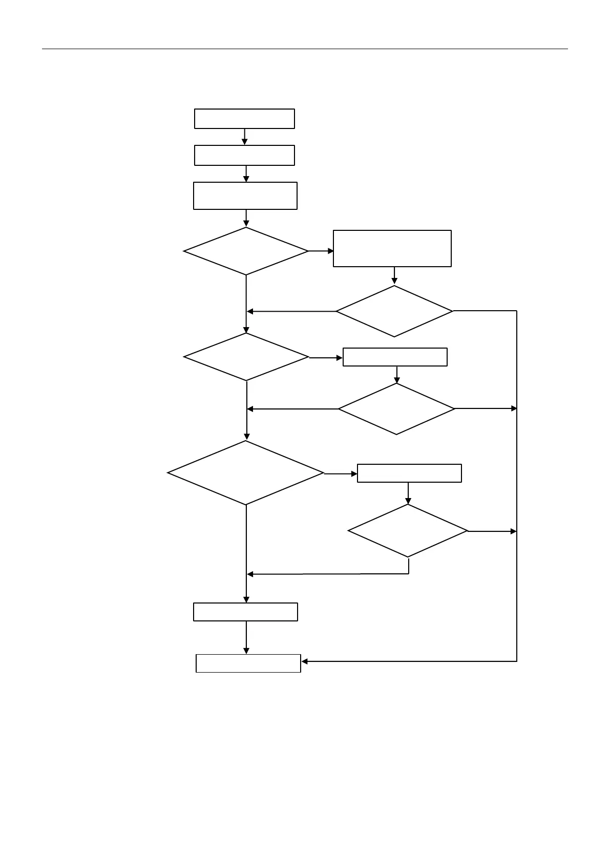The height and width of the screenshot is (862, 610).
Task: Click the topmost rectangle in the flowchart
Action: (x=244, y=118)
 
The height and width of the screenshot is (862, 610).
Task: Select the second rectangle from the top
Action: (x=244, y=155)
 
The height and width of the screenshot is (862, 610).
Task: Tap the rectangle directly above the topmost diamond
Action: (x=245, y=196)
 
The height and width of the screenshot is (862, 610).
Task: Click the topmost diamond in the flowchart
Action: (x=246, y=251)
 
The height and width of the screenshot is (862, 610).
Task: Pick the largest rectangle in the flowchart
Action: (x=392, y=248)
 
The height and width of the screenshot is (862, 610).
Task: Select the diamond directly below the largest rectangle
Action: (x=394, y=311)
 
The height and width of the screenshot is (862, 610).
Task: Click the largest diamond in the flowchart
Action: (x=246, y=473)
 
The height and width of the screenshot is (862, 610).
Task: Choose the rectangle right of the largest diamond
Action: (x=409, y=473)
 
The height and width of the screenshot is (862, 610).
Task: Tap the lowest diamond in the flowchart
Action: (x=408, y=531)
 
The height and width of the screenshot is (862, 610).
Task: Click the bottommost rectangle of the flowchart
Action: (x=248, y=663)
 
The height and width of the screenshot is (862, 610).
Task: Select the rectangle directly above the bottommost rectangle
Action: (x=245, y=612)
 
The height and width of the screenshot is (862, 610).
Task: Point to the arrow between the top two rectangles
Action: (x=245, y=137)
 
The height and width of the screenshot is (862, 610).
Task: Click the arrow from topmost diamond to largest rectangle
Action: (x=321, y=251)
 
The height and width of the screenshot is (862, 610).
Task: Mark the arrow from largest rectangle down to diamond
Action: (x=394, y=275)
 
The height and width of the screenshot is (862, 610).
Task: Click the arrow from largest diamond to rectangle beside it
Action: (x=341, y=474)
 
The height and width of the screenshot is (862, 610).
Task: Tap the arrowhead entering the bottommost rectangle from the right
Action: (x=305, y=661)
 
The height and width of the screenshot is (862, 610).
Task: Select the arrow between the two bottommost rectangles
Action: (x=246, y=637)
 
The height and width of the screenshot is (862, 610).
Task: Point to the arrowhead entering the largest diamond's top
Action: (x=246, y=437)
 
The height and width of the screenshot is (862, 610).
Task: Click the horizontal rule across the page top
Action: (x=305, y=49)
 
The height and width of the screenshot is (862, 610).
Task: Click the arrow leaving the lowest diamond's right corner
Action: (x=492, y=531)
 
